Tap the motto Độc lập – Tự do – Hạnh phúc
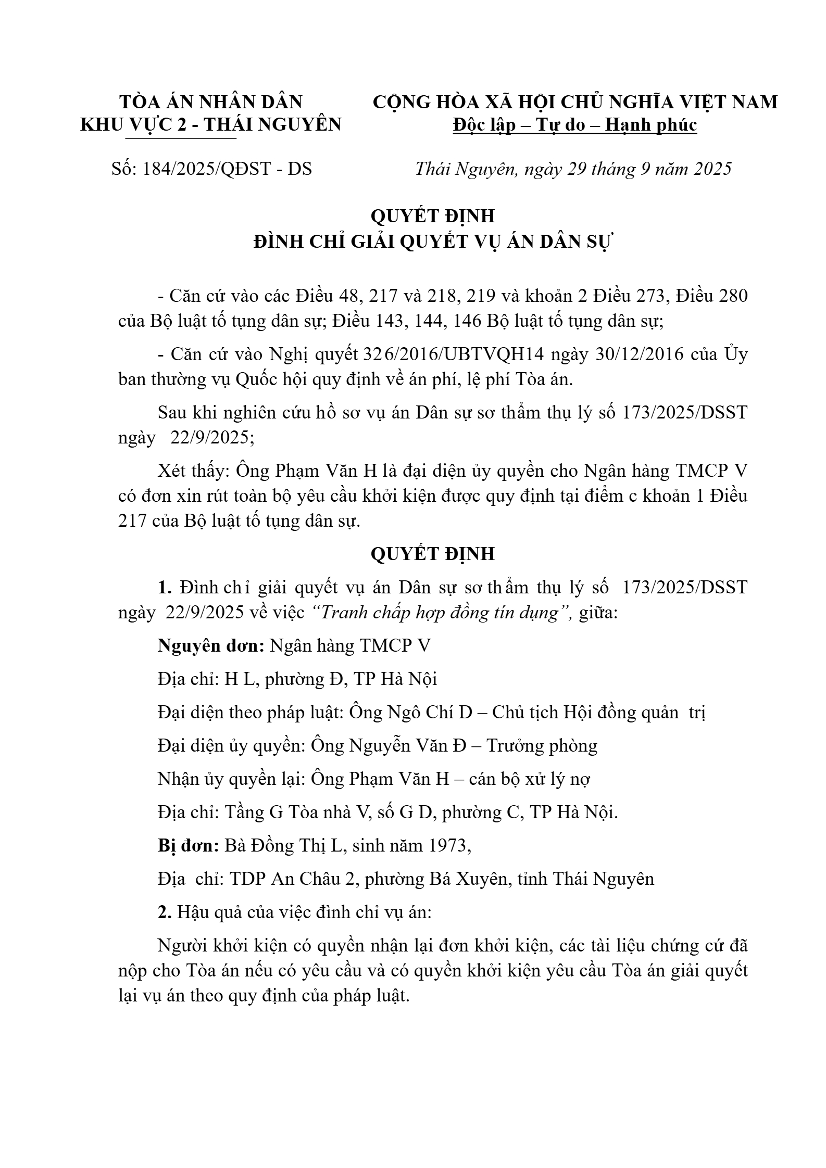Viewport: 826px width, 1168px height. coord(574,125)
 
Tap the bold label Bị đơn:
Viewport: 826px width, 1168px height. coord(188,846)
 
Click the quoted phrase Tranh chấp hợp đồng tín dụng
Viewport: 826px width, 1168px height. coord(439,613)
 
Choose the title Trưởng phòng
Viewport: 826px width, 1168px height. coord(542,746)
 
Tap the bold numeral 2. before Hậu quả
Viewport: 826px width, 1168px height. coord(165,912)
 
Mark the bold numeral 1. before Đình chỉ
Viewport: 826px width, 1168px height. coord(165,588)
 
